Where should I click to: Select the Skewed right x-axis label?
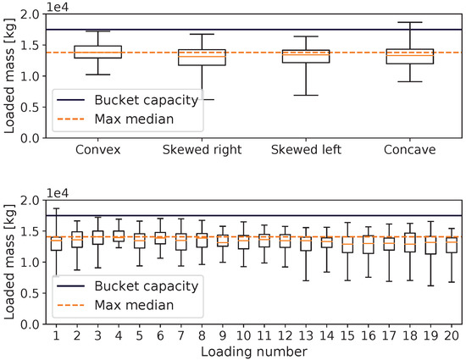(202, 150)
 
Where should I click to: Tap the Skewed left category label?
(306, 150)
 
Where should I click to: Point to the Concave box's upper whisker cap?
(410, 22)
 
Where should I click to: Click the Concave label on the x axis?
(410, 150)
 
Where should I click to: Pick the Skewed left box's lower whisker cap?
(306, 96)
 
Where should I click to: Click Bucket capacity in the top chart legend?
(147, 100)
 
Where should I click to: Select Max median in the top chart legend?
(134, 119)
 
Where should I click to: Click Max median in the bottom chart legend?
(134, 305)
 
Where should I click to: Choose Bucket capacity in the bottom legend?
(147, 286)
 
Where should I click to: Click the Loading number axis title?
(254, 352)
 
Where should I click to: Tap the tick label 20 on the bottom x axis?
(452, 335)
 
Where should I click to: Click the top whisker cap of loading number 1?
(56, 208)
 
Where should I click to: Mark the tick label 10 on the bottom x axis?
(243, 335)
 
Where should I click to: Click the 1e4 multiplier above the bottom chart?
(58, 194)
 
